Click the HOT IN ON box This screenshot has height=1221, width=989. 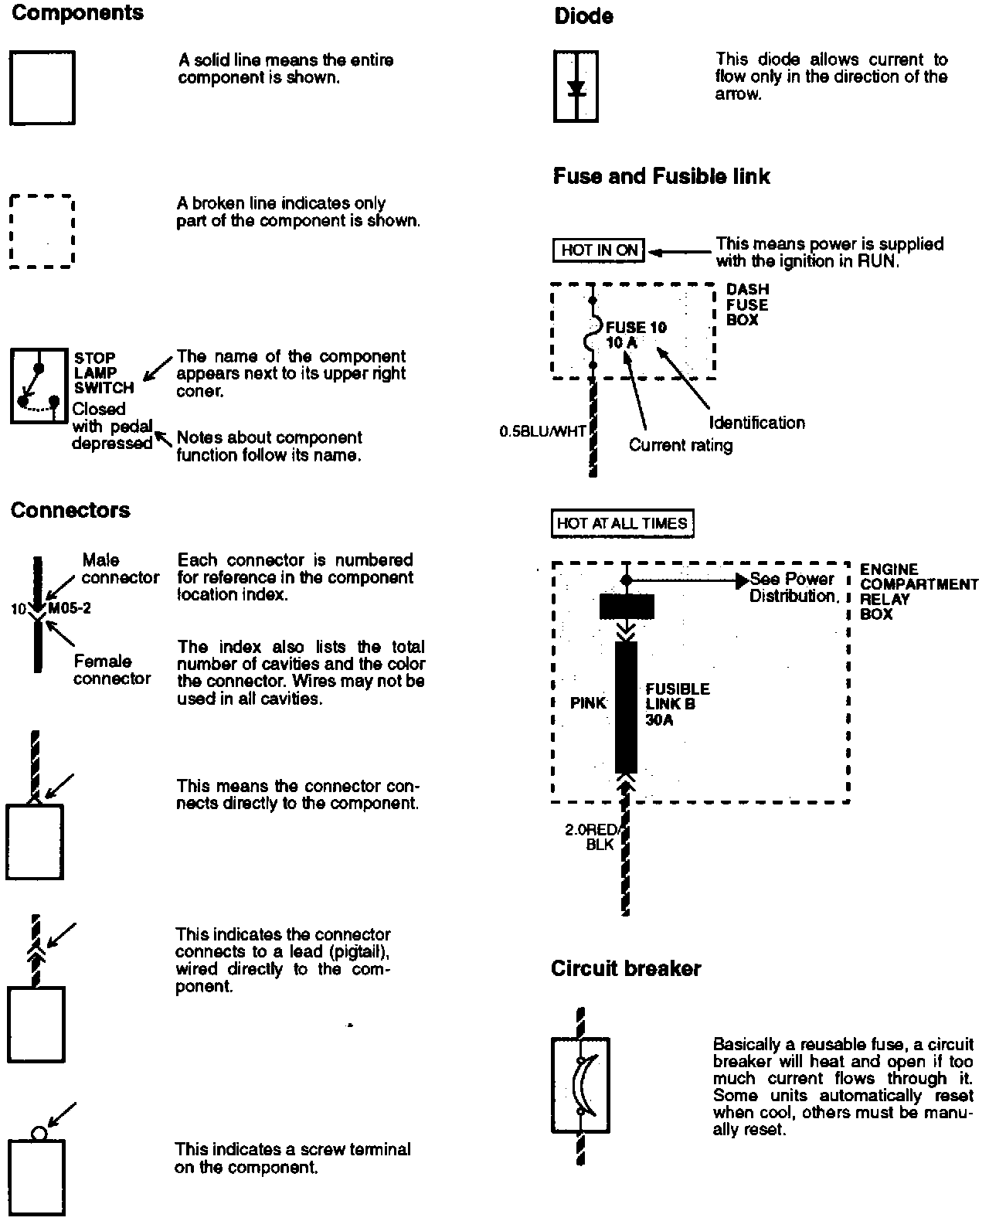599,250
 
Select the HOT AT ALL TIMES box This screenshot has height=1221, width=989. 622,523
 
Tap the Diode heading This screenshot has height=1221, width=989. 584,16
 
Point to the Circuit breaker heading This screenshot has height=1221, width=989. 626,968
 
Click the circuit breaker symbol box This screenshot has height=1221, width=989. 580,1086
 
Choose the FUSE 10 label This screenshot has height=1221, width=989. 636,327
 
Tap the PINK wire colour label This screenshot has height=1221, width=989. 588,703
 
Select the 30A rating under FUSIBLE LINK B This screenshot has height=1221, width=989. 659,719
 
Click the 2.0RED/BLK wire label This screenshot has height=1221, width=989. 591,837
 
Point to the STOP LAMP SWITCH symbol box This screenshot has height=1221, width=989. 39,386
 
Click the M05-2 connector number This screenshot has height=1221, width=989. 70,608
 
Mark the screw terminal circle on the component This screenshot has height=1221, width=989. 39,1133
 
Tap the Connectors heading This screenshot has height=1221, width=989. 70,510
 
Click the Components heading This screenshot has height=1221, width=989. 77,13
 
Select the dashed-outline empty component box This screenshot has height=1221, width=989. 42,231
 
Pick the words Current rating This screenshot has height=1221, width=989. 681,445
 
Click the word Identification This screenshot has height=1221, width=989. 757,423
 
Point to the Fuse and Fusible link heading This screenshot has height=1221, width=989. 661,176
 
